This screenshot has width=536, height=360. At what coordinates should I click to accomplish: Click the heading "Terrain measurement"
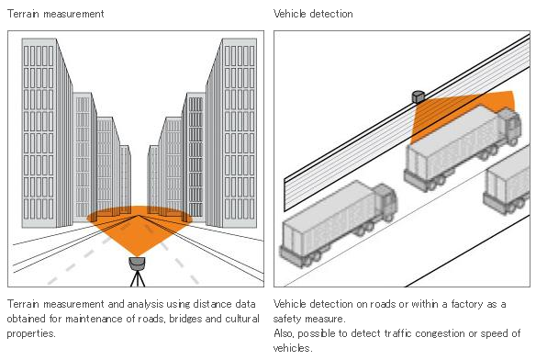click(55, 14)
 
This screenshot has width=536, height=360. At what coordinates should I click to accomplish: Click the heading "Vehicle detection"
click(313, 14)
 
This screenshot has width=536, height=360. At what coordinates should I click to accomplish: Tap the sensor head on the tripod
click(137, 264)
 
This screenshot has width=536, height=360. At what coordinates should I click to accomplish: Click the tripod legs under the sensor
click(138, 278)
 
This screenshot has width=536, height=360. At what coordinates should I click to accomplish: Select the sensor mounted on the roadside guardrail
click(419, 96)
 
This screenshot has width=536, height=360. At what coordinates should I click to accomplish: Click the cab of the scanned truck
click(509, 125)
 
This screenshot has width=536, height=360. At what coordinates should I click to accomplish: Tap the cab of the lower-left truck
click(385, 201)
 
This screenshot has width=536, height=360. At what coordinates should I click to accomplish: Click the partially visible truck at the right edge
click(508, 181)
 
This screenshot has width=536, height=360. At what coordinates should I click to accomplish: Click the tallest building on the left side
click(47, 133)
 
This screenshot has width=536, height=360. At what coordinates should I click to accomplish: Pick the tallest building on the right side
click(231, 133)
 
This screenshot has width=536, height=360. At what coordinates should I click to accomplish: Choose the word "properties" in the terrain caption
click(31, 333)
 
